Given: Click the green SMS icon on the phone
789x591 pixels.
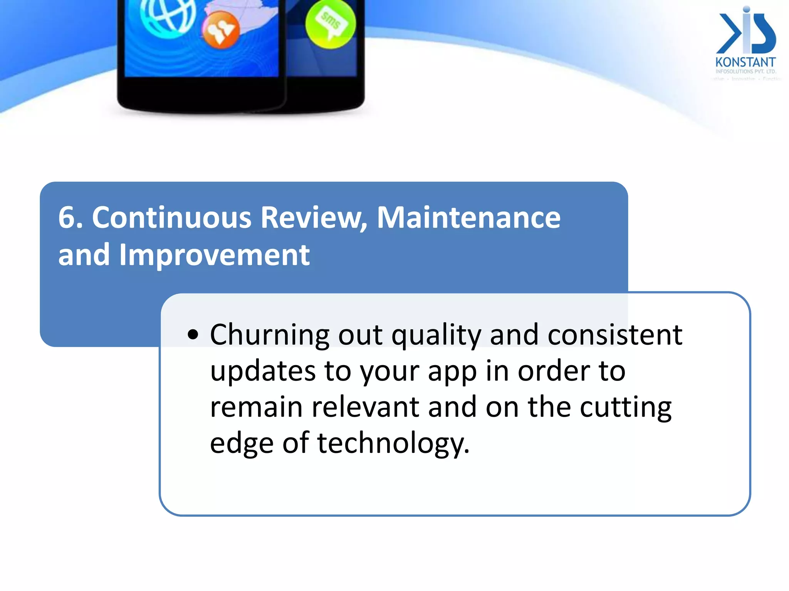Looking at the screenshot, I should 331,24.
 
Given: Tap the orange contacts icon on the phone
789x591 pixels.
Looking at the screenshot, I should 221,30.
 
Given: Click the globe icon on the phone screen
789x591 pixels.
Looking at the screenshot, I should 168,15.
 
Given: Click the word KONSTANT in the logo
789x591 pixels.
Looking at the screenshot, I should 745,62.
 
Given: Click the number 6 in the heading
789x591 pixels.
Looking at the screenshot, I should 66,218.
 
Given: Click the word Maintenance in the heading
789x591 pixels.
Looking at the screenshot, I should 468,218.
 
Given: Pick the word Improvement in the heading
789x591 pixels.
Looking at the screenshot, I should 215,255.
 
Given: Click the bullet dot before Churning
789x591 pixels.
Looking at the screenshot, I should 193,334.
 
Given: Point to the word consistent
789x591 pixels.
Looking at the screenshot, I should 615,334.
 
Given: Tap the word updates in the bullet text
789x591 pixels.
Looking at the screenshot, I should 263,371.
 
